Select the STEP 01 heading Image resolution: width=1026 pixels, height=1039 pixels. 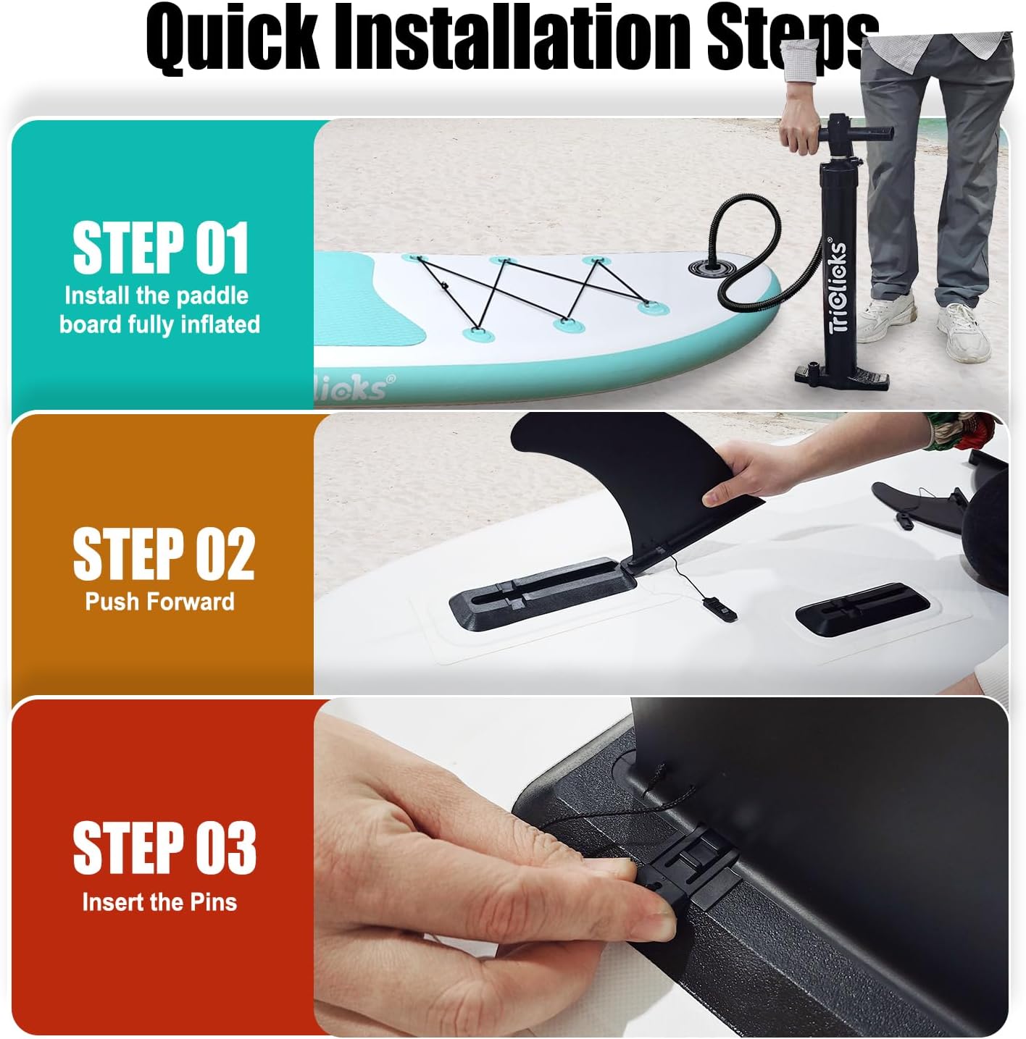pyautogui.click(x=161, y=248)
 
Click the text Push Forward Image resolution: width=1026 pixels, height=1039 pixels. pyautogui.click(x=159, y=602)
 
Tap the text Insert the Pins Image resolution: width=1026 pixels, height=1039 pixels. pyautogui.click(x=159, y=902)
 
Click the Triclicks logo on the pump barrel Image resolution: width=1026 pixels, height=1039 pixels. pyautogui.click(x=838, y=287)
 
